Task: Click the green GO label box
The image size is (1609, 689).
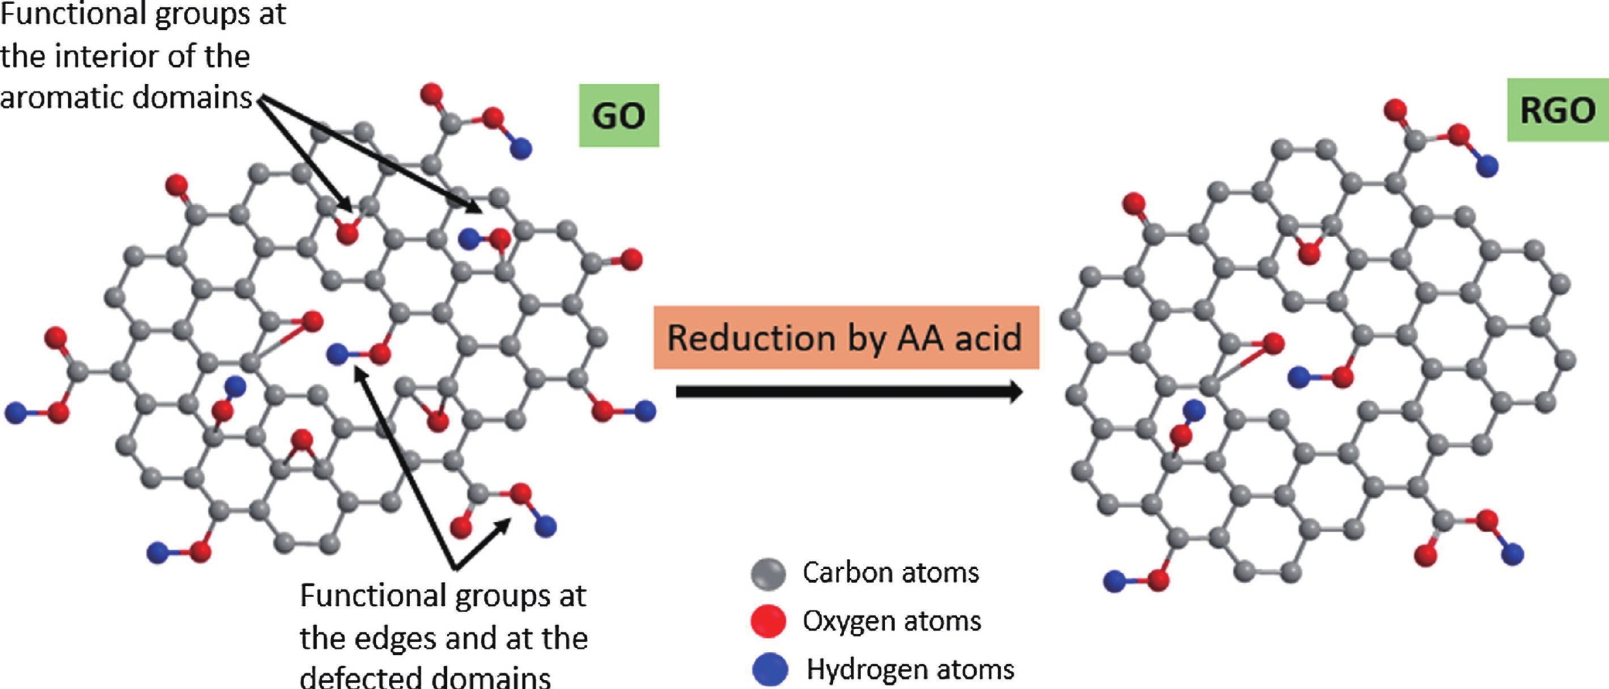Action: [x=619, y=115]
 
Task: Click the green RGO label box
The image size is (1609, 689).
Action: [x=1558, y=110]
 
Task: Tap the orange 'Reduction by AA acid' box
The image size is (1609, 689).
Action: [x=846, y=337]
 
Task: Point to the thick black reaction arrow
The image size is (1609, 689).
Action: [x=848, y=392]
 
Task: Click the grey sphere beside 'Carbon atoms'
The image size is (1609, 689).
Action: [x=768, y=573]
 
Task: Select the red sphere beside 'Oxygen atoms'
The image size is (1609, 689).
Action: [x=768, y=621]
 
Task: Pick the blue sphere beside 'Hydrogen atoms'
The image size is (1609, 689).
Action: [x=770, y=669]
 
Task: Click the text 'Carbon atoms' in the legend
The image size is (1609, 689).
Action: [x=890, y=572]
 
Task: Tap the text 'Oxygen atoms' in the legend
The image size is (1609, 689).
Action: [x=892, y=621]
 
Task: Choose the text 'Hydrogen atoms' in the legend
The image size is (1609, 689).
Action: [x=910, y=669]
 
